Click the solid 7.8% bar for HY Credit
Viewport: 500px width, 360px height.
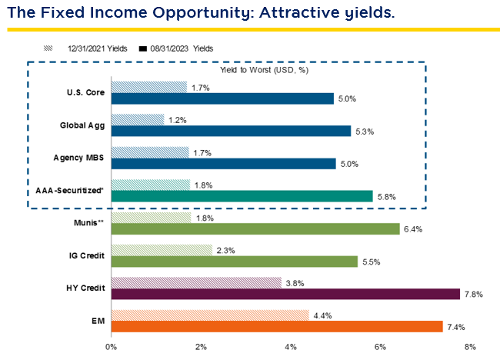click(x=286, y=294)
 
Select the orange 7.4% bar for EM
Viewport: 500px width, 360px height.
click(x=277, y=326)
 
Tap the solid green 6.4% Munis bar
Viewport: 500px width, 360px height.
click(x=256, y=228)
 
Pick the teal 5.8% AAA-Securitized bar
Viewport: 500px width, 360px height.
click(x=242, y=196)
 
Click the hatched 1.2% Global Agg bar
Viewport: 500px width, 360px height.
click(x=138, y=120)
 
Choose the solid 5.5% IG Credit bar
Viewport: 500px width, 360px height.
click(x=235, y=262)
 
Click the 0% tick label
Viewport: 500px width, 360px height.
click(x=112, y=348)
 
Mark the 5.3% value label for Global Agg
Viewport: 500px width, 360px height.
click(x=365, y=131)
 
